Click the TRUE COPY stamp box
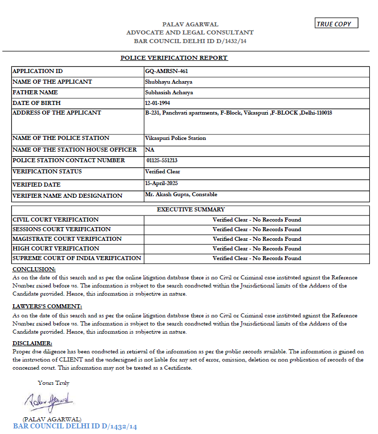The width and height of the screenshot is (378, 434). click(x=336, y=23)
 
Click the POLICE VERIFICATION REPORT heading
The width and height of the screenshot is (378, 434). click(x=174, y=58)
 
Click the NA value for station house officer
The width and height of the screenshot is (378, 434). click(x=149, y=150)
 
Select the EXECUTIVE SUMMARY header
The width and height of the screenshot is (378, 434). click(x=190, y=209)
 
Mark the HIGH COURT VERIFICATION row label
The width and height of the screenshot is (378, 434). click(x=56, y=248)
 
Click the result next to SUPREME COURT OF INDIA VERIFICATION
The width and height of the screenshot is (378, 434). click(x=257, y=258)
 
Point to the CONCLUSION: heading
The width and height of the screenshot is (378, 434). click(x=34, y=269)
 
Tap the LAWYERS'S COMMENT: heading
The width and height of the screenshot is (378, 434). click(x=47, y=307)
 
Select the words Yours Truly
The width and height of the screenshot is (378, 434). click(x=54, y=383)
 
